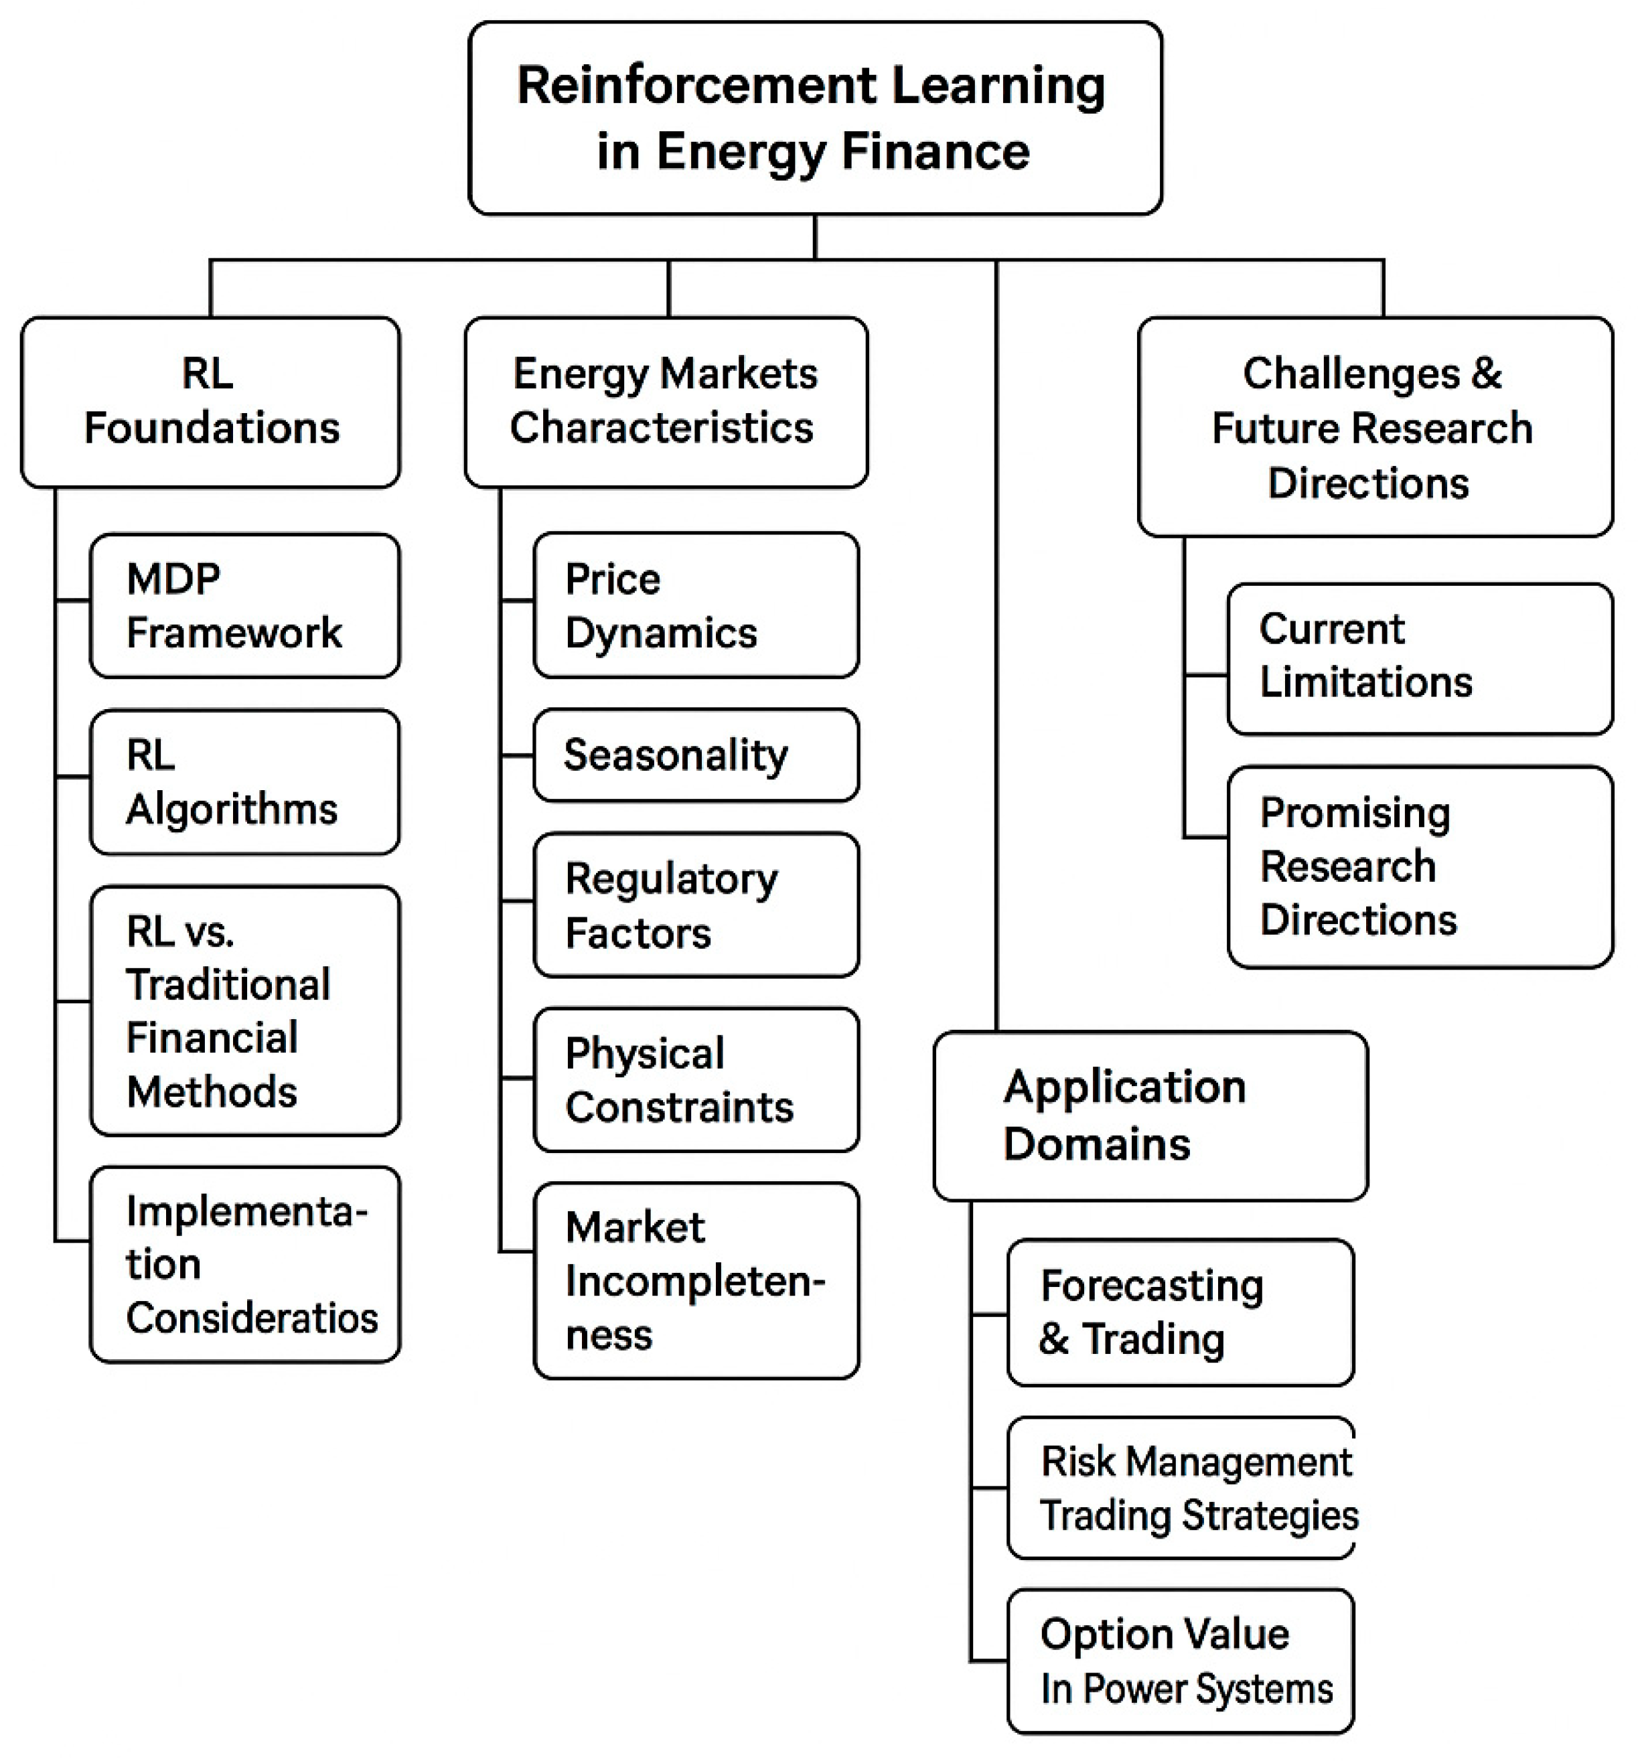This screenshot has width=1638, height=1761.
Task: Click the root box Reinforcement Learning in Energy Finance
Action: (814, 118)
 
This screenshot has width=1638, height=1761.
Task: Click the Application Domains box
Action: (1149, 1116)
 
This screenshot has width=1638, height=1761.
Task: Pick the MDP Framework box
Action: (244, 605)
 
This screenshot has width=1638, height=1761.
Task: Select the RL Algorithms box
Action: (244, 781)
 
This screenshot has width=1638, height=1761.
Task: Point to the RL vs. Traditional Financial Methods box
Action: (244, 1010)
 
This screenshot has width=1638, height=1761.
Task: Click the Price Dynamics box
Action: (695, 605)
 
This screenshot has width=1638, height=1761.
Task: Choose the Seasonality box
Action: (695, 755)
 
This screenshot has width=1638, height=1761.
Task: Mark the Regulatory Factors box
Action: (695, 905)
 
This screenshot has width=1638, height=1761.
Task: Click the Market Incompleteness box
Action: (695, 1280)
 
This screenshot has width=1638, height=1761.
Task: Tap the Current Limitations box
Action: (1419, 658)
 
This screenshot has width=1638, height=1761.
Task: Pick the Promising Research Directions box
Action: (1419, 866)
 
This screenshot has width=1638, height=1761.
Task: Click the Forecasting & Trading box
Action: (1180, 1312)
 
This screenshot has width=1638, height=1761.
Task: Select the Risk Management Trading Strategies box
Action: (1180, 1487)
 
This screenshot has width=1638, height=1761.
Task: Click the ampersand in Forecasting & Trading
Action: (1053, 1338)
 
